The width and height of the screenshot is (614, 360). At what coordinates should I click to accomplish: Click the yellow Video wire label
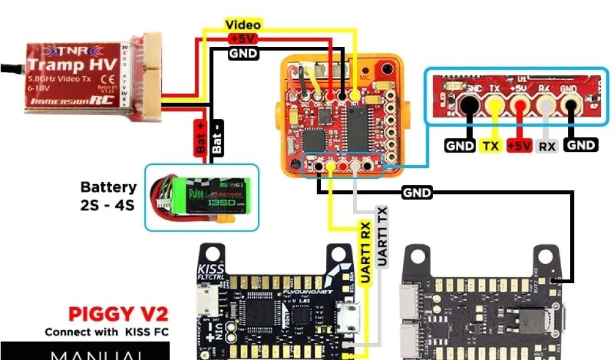(x=243, y=25)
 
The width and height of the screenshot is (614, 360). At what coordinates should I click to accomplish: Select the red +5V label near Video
(x=243, y=39)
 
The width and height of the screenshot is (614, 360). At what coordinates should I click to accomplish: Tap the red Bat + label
(x=200, y=137)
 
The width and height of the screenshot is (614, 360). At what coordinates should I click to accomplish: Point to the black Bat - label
(x=217, y=137)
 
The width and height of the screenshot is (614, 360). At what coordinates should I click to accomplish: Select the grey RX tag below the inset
(x=546, y=146)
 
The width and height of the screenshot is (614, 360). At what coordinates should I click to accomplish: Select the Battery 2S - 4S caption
(x=109, y=196)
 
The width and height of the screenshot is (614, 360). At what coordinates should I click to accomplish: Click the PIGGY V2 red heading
(x=118, y=314)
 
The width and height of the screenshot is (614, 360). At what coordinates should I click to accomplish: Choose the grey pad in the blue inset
(x=546, y=107)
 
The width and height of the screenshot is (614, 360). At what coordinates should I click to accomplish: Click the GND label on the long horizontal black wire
(x=416, y=193)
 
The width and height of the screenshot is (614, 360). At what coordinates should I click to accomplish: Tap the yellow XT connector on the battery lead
(x=229, y=223)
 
